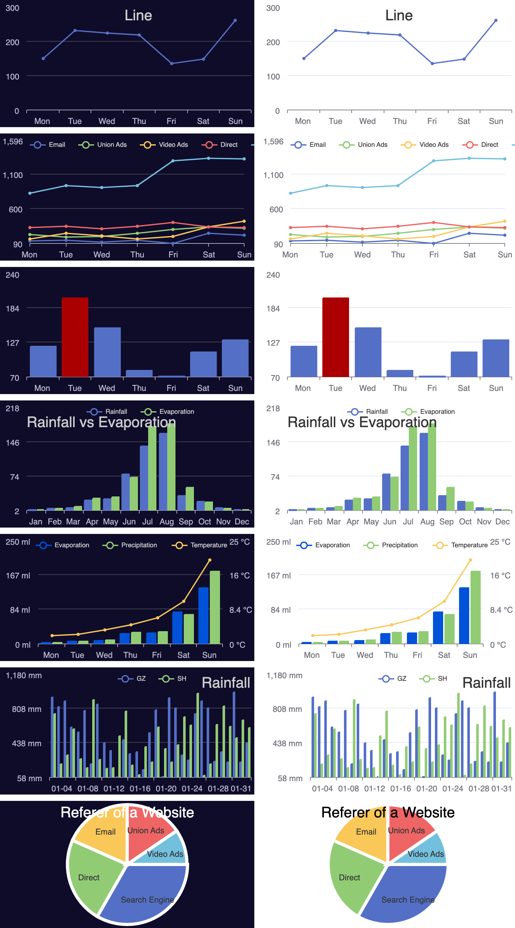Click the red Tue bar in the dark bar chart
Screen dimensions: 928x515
point(75,337)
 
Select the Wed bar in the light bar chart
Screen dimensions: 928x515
point(368,351)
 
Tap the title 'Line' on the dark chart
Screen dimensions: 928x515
point(138,16)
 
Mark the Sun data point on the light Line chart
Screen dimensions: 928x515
point(496,21)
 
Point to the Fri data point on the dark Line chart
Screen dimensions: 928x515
point(172,64)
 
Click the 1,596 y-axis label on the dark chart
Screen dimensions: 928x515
point(13,141)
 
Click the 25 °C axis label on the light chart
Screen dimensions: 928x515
point(500,542)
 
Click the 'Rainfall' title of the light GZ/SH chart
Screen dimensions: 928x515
point(486,683)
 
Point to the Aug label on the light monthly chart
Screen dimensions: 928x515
point(428,522)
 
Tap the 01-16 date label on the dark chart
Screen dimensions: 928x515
point(140,788)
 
